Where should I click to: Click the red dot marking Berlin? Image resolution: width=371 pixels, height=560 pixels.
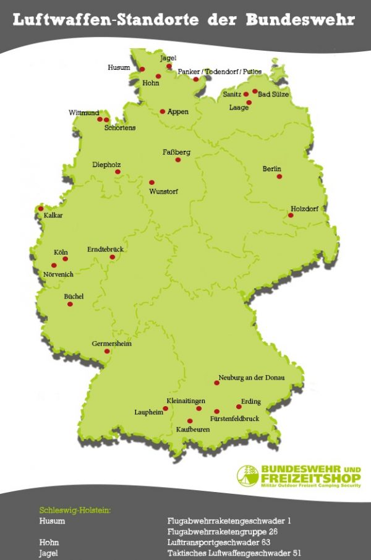click(279, 177)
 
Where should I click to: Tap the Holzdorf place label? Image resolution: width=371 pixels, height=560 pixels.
click(304, 208)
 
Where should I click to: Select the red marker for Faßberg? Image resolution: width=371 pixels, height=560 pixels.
click(178, 160)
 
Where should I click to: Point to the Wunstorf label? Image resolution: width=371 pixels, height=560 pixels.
click(164, 192)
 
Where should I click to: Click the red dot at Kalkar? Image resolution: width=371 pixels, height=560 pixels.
click(41, 208)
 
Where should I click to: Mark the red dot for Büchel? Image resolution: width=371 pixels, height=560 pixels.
click(70, 304)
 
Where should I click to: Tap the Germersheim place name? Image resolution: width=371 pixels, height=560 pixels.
click(112, 344)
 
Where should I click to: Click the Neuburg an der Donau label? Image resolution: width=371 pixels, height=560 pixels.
click(252, 377)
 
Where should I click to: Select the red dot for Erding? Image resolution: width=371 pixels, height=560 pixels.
click(239, 407)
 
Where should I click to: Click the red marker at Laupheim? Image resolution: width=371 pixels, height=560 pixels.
click(165, 409)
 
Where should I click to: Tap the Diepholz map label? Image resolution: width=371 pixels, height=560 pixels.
click(106, 164)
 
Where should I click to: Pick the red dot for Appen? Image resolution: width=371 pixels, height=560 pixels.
click(163, 112)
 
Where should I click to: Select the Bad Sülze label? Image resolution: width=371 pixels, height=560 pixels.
click(273, 95)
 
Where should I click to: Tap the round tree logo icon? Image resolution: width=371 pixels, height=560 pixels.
click(245, 475)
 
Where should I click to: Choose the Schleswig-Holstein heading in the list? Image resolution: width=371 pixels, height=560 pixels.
click(75, 511)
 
